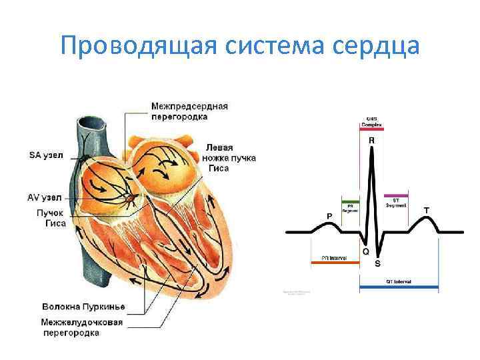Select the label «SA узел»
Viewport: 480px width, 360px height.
[x=46, y=155]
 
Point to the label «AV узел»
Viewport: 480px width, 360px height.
[x=46, y=198]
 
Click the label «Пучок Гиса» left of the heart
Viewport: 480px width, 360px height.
[x=51, y=218]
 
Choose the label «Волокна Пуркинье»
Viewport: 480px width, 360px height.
[x=83, y=307]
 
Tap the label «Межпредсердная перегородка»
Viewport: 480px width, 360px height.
[x=189, y=111]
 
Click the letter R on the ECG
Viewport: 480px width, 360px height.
[x=371, y=141]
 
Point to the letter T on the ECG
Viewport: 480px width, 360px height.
[x=426, y=210]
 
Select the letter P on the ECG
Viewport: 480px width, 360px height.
[x=329, y=216]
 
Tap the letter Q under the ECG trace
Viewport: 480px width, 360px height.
[x=365, y=251]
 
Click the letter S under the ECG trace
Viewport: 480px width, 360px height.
[x=378, y=263]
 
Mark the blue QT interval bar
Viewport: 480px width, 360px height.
[x=399, y=289]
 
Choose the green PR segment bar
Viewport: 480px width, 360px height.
[x=350, y=201]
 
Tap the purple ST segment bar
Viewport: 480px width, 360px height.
[x=396, y=195]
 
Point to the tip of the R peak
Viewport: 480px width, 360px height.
[x=373, y=148]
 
